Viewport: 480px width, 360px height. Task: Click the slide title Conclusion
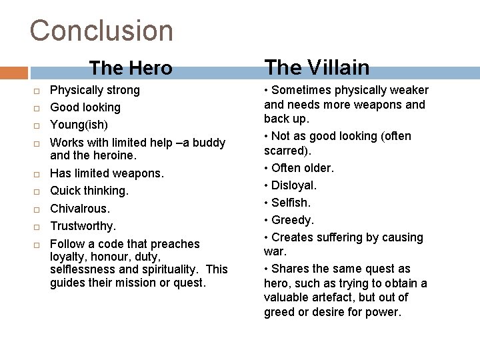click(x=101, y=31)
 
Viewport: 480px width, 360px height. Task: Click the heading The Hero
click(x=131, y=68)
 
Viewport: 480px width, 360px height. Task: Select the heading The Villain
click(x=317, y=67)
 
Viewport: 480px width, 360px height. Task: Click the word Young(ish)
click(x=79, y=125)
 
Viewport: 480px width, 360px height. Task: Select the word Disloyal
click(x=294, y=185)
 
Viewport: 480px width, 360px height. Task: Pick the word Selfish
click(x=291, y=203)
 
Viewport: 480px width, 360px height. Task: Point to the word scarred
click(x=285, y=151)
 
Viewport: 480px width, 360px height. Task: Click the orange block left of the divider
click(x=13, y=73)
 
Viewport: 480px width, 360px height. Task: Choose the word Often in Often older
click(x=286, y=168)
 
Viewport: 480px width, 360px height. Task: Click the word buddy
click(x=207, y=143)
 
